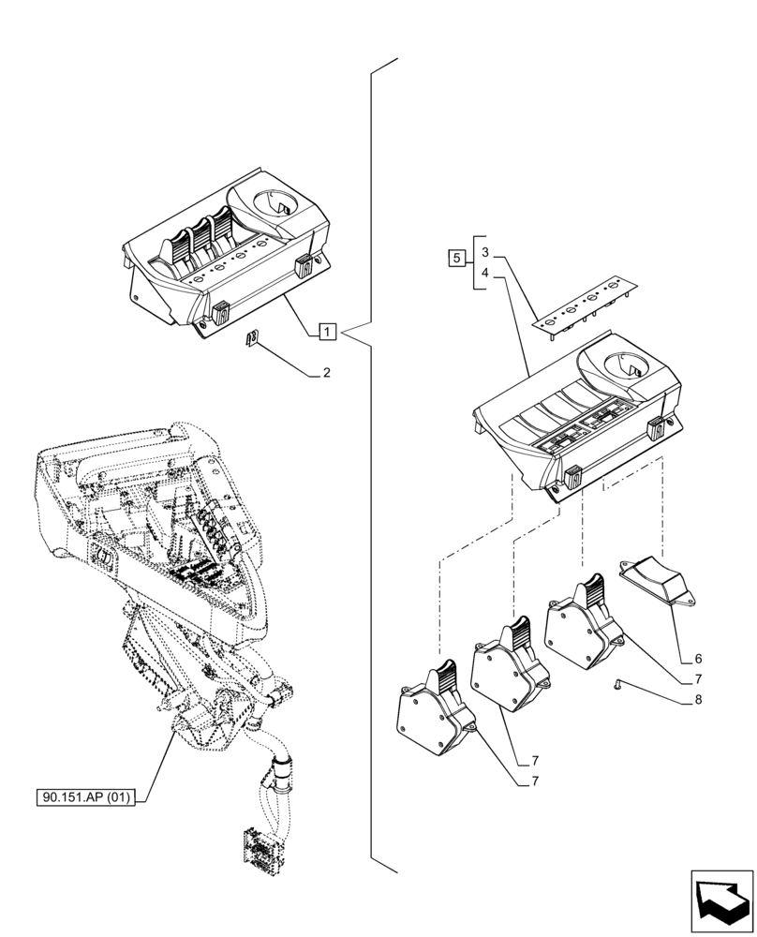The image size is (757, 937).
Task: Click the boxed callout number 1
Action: [326, 331]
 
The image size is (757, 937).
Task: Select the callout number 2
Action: [326, 373]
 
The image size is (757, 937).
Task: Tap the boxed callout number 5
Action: [456, 258]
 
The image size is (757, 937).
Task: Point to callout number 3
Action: [484, 252]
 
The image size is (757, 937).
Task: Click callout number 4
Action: [484, 274]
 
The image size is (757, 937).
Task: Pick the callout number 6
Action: [698, 659]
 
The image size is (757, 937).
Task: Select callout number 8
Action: [698, 700]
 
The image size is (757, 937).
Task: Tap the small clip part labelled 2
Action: [250, 339]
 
